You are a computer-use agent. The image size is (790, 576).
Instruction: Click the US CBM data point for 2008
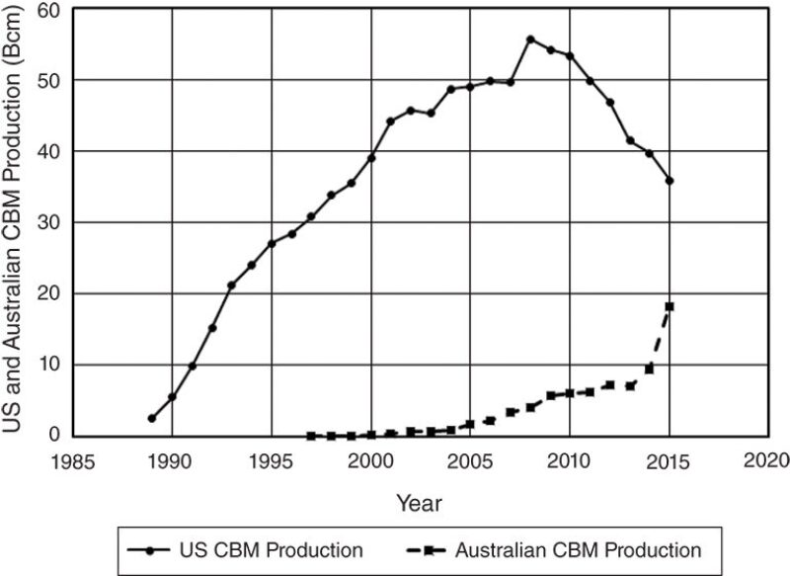(530, 40)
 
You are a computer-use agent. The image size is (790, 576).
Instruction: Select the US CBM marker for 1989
(152, 419)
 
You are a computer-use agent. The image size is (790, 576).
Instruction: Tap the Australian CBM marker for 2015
(670, 306)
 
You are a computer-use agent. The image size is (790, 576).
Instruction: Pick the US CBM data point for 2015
(670, 181)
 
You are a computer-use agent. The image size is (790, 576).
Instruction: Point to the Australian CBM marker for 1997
(311, 436)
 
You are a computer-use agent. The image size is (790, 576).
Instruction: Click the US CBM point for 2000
(371, 158)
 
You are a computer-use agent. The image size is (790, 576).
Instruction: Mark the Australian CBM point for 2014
(650, 369)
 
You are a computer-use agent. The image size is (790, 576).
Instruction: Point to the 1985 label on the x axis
(73, 459)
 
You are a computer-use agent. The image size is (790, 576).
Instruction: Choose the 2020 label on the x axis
(767, 459)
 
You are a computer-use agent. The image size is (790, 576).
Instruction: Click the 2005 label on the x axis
(470, 459)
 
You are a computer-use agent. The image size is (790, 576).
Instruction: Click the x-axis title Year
(419, 503)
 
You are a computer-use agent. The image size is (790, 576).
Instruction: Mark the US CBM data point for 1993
(231, 286)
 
